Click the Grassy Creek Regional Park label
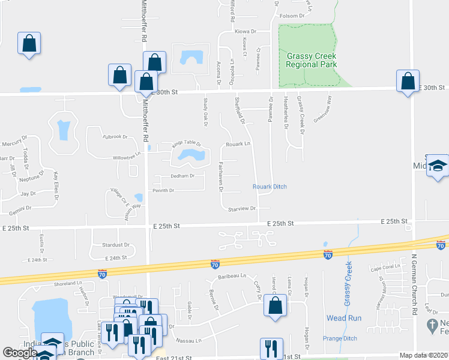point(311,60)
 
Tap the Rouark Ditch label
point(270,187)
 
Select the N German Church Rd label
point(414,284)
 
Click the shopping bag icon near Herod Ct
point(275,304)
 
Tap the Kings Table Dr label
point(178,144)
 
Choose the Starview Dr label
point(243,208)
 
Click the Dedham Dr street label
point(182,176)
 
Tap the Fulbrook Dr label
point(116,137)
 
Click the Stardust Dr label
point(116,245)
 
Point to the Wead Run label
point(340,317)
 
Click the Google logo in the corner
point(20,353)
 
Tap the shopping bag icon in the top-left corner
point(29,43)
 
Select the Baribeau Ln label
point(232,276)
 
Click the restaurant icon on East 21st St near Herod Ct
point(272,348)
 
